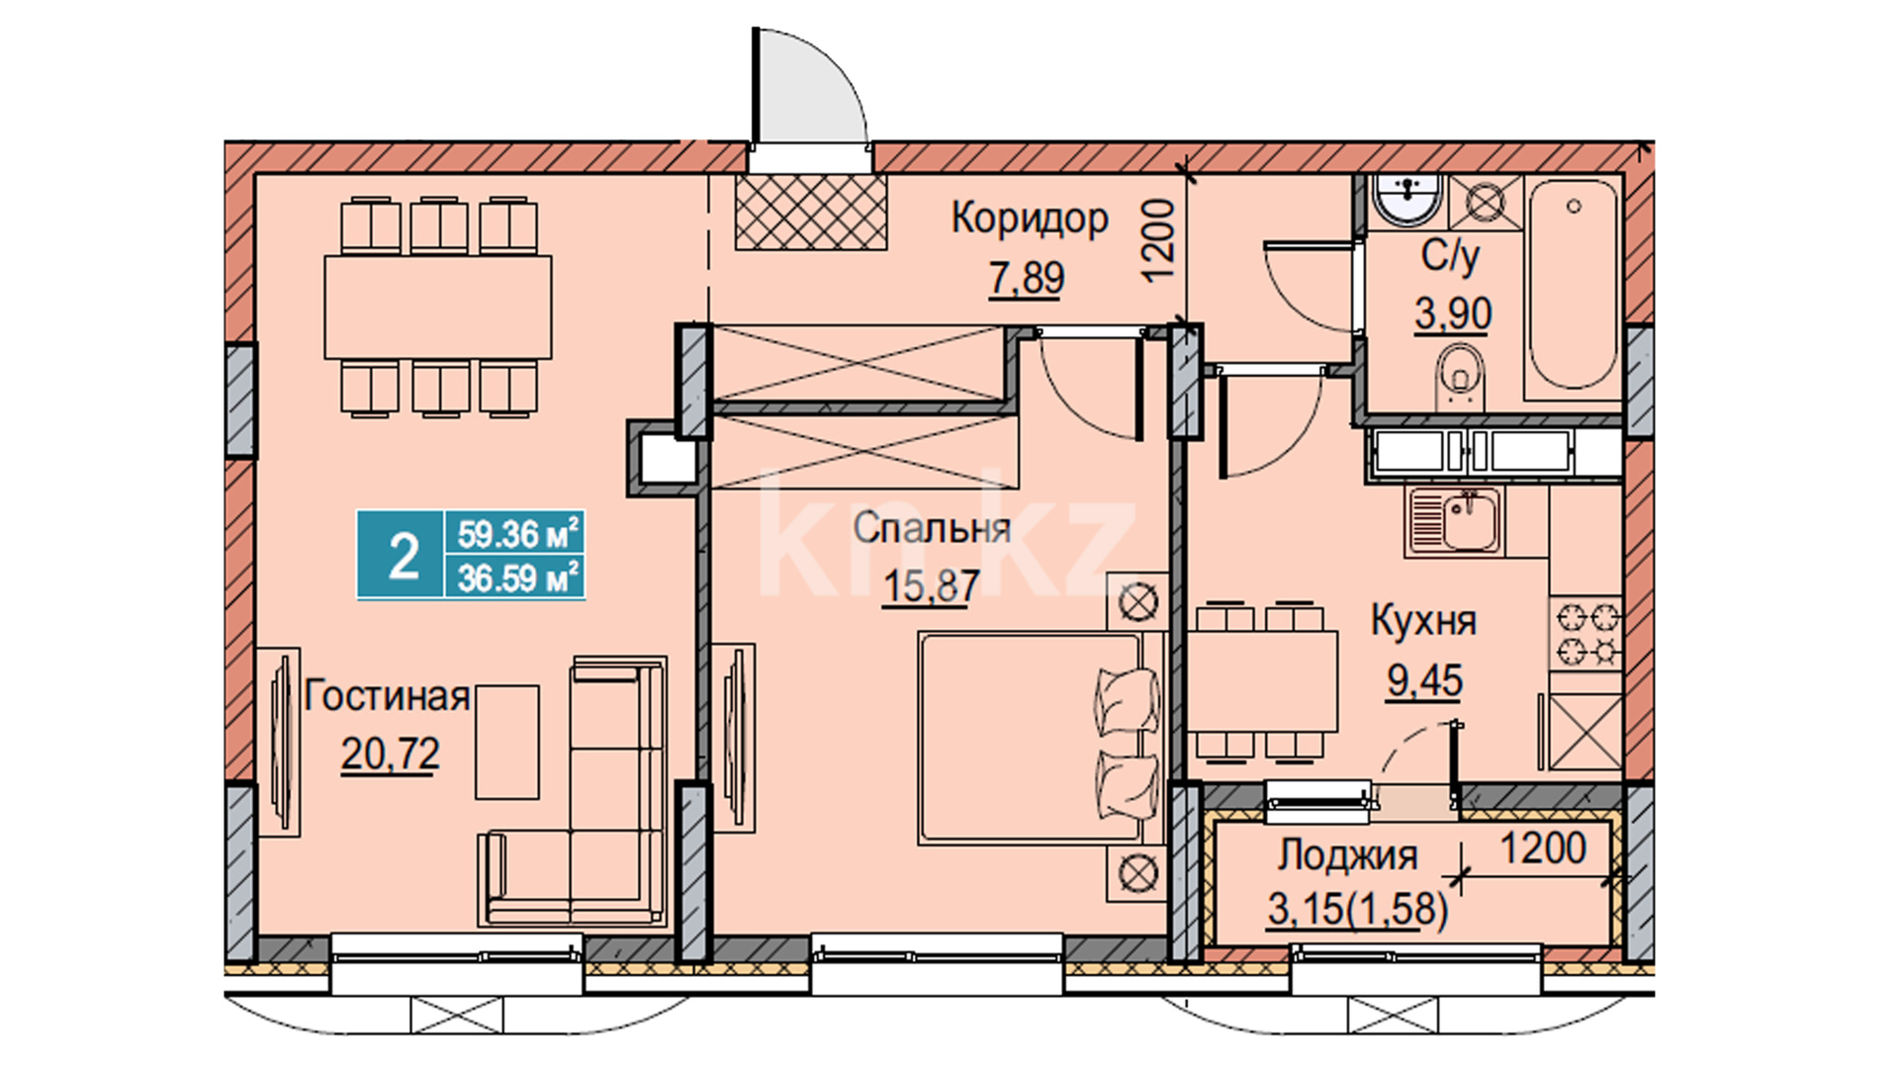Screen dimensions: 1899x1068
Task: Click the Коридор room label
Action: point(1030,219)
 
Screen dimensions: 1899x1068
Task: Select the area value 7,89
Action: point(1027,278)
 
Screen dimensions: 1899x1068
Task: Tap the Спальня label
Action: point(932,528)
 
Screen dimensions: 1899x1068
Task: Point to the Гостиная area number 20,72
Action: point(391,755)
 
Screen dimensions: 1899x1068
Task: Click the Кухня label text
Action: point(1423,621)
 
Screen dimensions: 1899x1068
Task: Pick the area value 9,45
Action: point(1424,680)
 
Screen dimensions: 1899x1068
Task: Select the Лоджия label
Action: point(1347,855)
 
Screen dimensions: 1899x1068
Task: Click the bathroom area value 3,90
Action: point(1453,314)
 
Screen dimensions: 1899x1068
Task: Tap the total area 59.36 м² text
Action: point(516,535)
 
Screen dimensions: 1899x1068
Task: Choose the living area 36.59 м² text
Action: point(516,578)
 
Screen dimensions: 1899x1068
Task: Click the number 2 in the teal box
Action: point(404,557)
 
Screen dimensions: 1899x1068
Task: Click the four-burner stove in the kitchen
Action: point(1584,634)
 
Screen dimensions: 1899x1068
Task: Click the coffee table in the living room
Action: point(507,742)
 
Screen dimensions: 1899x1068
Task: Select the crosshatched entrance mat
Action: point(810,213)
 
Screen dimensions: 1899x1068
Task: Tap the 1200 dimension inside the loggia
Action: point(1543,848)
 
